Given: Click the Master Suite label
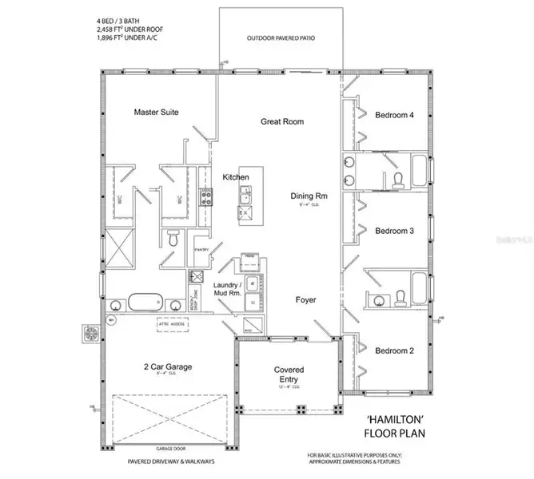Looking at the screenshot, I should (156, 113).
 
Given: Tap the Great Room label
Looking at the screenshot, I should (282, 122).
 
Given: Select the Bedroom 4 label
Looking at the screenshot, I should (394, 115).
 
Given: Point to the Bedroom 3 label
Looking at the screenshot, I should (394, 231).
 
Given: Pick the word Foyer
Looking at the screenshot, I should (305, 300).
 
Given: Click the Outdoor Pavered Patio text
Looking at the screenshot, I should (282, 38).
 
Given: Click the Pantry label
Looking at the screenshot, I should (201, 250).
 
